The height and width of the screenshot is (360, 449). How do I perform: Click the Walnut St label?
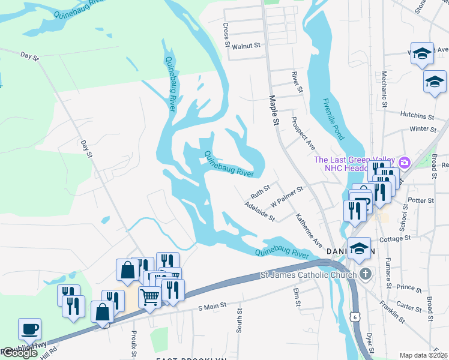pyautogui.click(x=246, y=46)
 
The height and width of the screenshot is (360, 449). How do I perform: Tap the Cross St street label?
pyautogui.click(x=226, y=35)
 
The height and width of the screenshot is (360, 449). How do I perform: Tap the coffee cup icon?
pyautogui.click(x=29, y=329)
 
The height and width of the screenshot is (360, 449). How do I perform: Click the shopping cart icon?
pyautogui.click(x=149, y=296)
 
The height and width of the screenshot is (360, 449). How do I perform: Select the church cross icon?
pyautogui.click(x=366, y=275)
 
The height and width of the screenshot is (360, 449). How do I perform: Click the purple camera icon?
pyautogui.click(x=404, y=162)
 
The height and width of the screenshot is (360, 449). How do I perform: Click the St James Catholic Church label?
pyautogui.click(x=309, y=275)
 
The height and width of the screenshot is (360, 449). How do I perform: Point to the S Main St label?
pyautogui.click(x=212, y=306)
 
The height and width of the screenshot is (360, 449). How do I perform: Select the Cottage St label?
pyautogui.click(x=395, y=238)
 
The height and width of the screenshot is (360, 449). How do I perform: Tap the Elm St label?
pyautogui.click(x=297, y=297)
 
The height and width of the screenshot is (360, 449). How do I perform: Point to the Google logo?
pyautogui.click(x=19, y=353)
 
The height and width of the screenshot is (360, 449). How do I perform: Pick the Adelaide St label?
pyautogui.click(x=259, y=211)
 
